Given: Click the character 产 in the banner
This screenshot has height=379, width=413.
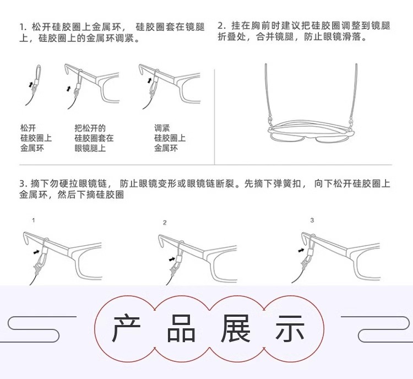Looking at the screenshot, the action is click(x=126, y=328).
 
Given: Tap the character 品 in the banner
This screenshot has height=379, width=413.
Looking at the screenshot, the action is click(x=181, y=328).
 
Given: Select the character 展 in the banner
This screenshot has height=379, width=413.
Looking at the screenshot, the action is click(x=235, y=328).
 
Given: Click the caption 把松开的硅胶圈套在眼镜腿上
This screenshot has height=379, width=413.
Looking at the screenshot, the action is click(x=94, y=138).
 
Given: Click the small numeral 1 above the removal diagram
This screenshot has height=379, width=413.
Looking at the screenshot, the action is click(x=34, y=220).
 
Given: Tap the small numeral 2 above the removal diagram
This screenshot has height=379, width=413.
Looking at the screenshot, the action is click(x=165, y=223).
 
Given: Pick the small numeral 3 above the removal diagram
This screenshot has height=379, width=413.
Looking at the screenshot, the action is click(x=312, y=220).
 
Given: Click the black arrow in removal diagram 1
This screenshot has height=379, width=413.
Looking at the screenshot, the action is click(x=36, y=252).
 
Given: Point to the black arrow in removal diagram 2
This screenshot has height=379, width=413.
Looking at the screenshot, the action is click(x=172, y=259).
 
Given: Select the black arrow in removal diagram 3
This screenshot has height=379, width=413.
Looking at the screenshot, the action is click(x=301, y=250).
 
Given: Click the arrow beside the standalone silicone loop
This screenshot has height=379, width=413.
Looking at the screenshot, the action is click(x=31, y=85).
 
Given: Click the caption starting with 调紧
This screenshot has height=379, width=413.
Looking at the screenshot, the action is click(x=170, y=138).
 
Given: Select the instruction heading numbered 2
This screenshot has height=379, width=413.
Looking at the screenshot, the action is click(x=304, y=31).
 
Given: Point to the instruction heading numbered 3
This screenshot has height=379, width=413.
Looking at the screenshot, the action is click(x=205, y=189).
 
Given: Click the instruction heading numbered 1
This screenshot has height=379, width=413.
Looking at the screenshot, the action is click(x=112, y=33).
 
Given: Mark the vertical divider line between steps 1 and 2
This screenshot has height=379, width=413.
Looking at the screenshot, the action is click(x=214, y=117).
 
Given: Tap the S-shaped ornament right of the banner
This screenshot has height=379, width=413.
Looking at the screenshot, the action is click(x=376, y=329).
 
